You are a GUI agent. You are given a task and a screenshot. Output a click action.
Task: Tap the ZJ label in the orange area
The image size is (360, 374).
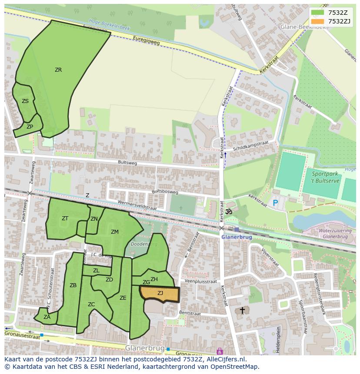[x=160, y=293]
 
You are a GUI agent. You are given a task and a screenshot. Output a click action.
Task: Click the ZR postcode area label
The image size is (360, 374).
[x=58, y=70]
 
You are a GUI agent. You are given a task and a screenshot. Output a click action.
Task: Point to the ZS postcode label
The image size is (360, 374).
[x=25, y=101]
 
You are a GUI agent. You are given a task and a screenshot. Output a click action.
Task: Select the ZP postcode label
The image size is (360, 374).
[x=30, y=127]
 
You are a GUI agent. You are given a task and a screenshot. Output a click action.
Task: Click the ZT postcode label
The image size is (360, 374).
[x=65, y=218]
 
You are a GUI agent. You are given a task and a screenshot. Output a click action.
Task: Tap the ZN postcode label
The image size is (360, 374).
[x=94, y=219]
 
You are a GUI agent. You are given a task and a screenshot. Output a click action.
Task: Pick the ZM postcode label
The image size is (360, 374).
[x=114, y=232]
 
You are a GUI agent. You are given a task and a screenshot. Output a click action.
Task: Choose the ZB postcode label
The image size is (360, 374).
[x=73, y=285]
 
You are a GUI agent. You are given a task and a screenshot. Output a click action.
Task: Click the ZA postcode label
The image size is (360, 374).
[x=47, y=317]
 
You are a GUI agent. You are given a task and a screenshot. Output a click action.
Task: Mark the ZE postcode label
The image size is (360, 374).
[x=123, y=298]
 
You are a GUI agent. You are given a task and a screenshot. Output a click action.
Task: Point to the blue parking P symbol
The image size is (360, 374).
[x=275, y=202]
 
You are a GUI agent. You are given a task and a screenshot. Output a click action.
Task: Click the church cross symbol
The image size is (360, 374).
[x=242, y=311]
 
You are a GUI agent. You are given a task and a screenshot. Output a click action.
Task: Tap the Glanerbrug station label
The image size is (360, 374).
[x=236, y=237]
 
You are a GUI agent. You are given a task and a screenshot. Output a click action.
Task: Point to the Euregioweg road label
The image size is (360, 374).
[x=146, y=40]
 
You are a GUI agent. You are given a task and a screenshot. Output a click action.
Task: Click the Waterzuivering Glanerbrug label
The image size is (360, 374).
[x=335, y=234]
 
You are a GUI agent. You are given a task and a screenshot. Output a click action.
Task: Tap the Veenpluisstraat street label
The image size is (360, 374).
[x=200, y=281]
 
